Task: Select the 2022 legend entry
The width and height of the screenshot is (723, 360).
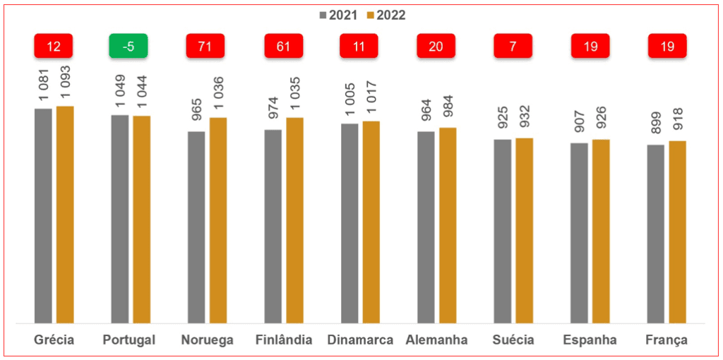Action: coord(386,15)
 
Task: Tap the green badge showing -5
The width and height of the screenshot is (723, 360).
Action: coord(129,47)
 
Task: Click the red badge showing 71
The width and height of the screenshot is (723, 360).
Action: coord(205,47)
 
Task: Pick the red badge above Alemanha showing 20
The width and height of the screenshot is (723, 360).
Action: coord(436,47)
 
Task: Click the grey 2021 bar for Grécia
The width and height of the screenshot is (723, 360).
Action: coord(43,216)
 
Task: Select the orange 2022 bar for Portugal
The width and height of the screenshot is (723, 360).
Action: coord(142,220)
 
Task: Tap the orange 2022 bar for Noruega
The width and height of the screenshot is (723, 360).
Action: coord(218,220)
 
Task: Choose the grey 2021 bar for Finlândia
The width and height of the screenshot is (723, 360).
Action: coord(273,227)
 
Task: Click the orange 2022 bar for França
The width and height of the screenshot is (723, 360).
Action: coord(678,232)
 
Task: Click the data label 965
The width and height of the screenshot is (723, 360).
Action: coord(196,115)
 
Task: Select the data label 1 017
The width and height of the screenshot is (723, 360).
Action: coord(372,102)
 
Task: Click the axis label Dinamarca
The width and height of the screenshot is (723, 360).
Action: coord(360,340)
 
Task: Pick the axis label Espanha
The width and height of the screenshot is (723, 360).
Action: coord(590,340)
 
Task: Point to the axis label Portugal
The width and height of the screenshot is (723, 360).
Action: coord(129,340)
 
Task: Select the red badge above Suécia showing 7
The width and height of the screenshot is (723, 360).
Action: coord(513,47)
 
